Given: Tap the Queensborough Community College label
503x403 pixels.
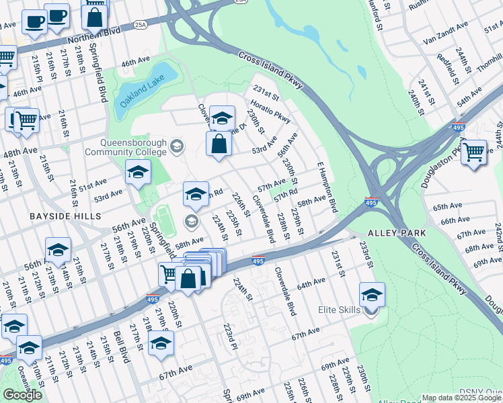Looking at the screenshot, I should [x=133, y=147].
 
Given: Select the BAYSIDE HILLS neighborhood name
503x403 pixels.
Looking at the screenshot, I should [x=56, y=216].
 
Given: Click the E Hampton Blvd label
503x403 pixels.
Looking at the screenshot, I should [x=327, y=186].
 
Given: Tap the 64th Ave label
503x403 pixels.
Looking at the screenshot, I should [x=311, y=285].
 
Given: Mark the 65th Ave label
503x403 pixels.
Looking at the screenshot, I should [x=447, y=206].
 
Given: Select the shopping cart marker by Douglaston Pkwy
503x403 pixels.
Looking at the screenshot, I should [x=473, y=152].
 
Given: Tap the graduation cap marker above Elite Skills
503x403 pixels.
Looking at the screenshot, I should [x=372, y=294].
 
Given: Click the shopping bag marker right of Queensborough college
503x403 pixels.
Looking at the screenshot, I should [x=219, y=144].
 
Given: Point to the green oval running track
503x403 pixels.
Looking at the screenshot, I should [x=164, y=220].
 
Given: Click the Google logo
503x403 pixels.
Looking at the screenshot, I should [x=22, y=395].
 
